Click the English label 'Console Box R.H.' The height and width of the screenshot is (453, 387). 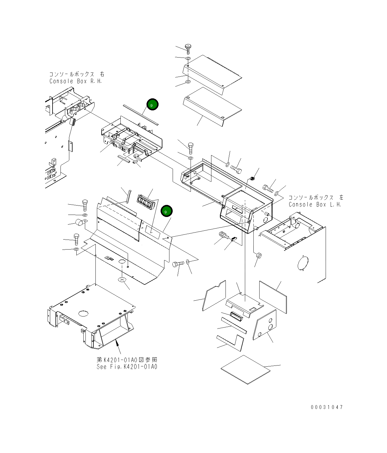click(75, 81)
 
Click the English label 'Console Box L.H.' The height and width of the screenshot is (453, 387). click(315, 205)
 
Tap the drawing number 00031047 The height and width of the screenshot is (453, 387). click(327, 407)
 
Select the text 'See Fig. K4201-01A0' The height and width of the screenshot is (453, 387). click(127, 367)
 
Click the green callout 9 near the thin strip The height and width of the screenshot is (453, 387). click(152, 105)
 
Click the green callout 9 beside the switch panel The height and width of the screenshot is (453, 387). click(166, 211)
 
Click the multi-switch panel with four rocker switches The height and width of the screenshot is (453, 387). click(145, 203)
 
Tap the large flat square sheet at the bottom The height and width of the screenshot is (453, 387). click(245, 369)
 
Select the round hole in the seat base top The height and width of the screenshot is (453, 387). click(83, 314)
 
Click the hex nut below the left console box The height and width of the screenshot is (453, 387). click(259, 255)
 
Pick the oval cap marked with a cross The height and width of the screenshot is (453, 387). click(122, 279)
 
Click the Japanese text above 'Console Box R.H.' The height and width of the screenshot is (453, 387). click(77, 74)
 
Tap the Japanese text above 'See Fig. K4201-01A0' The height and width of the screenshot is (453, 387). click(127, 360)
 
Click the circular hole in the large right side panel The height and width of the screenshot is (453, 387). click(303, 263)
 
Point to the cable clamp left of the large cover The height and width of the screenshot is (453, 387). click(80, 223)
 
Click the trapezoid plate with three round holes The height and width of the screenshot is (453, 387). click(265, 324)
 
